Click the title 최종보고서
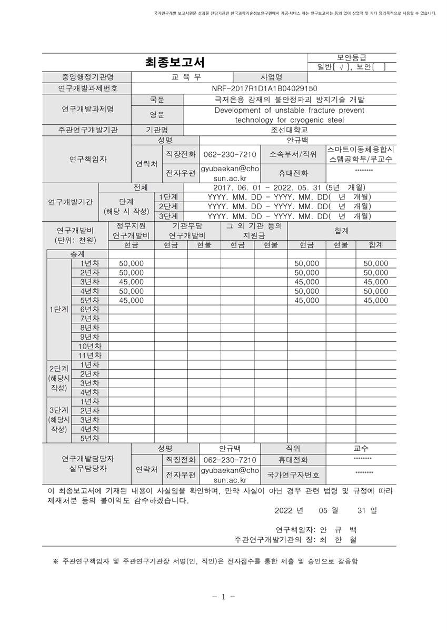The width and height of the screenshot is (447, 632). click(x=175, y=62)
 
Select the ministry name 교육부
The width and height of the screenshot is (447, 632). click(x=182, y=77)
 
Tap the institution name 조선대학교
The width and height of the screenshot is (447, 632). click(x=289, y=130)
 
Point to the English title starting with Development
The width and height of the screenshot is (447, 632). click(x=289, y=111)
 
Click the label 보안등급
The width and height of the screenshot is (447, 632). click(x=352, y=57)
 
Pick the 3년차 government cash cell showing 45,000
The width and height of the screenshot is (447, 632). click(x=131, y=282)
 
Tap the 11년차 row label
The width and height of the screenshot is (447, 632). click(x=90, y=355)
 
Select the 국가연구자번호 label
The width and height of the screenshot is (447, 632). click(x=293, y=475)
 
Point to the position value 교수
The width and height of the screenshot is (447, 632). click(x=361, y=449)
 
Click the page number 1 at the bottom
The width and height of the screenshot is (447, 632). click(x=224, y=597)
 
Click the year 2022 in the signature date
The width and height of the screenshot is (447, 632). click(x=284, y=510)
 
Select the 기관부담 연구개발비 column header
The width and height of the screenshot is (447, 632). click(x=187, y=231)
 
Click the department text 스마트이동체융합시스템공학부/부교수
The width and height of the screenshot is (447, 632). click(x=361, y=154)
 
